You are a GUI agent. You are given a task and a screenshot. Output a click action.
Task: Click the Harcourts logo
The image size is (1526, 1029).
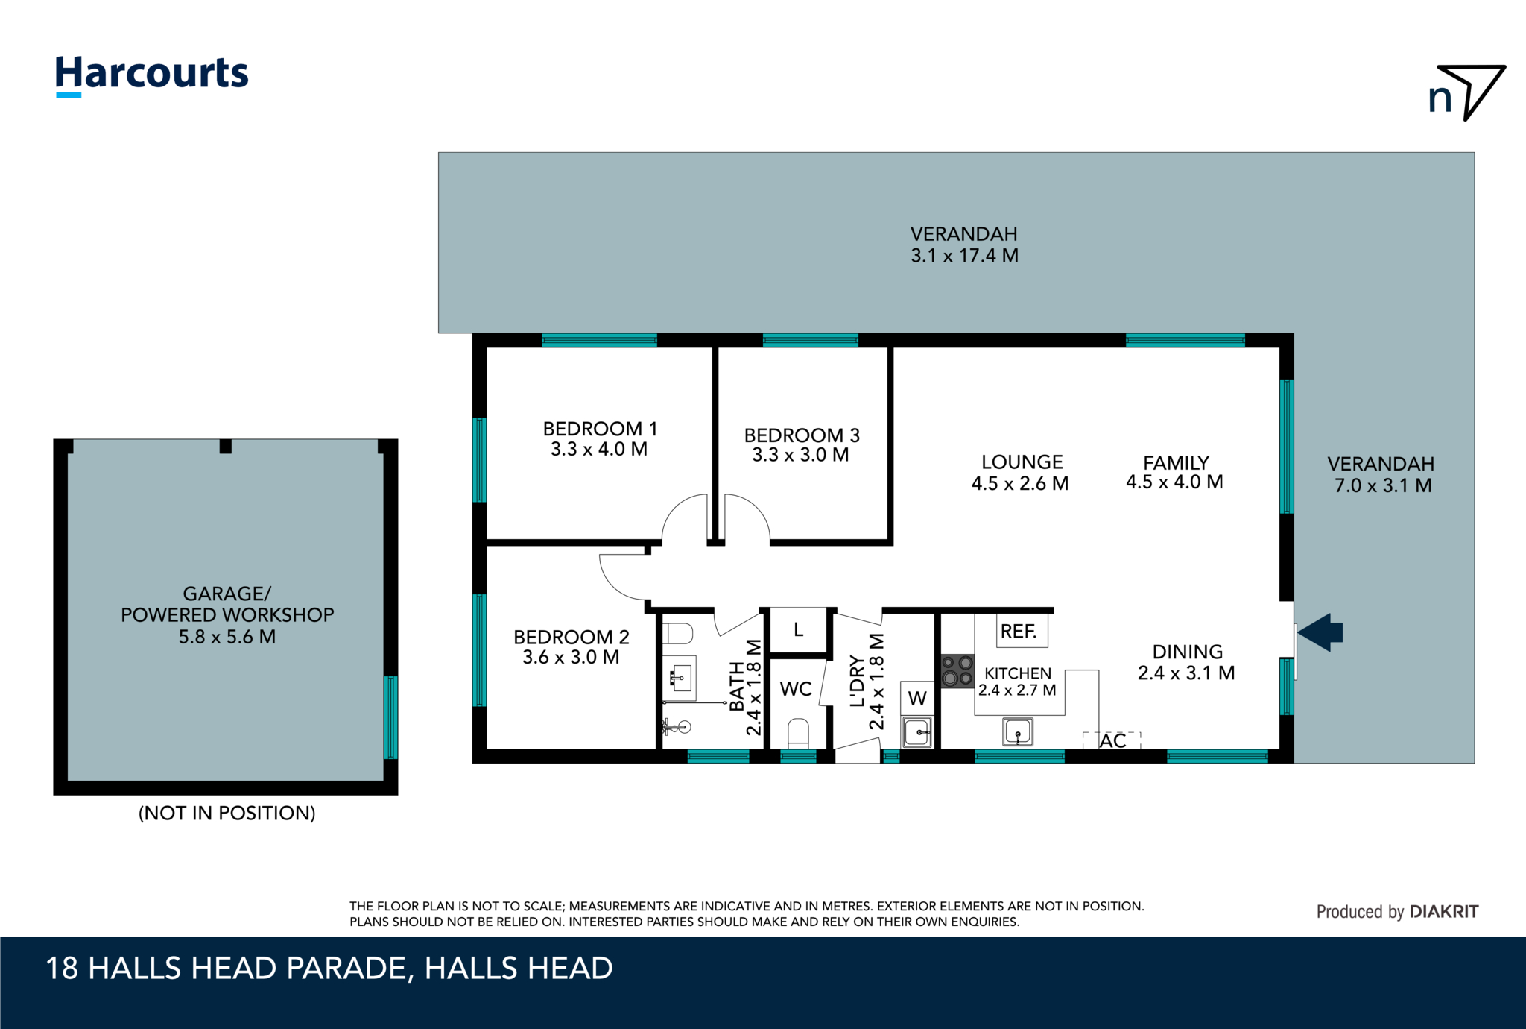point(152,75)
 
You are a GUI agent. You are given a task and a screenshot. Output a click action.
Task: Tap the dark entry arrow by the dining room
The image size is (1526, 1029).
point(1320,632)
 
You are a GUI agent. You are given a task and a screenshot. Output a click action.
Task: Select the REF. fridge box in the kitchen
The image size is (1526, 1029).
point(1022,631)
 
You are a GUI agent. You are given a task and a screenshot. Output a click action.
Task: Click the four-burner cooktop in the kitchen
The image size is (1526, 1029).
point(957,671)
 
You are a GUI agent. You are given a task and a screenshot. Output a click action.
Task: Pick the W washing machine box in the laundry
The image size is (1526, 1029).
point(917,698)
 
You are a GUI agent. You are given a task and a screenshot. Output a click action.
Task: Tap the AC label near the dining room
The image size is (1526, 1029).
point(1112,740)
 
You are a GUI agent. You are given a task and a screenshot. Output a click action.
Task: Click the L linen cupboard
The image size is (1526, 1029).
point(798,631)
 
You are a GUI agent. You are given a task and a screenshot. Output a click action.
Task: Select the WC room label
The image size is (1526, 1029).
point(796,689)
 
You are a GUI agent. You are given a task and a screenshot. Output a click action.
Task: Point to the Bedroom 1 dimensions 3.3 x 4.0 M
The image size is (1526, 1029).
point(599,449)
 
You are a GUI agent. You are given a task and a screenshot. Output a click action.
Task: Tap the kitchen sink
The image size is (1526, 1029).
point(1018,731)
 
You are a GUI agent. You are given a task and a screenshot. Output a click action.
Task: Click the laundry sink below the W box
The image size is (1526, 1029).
point(917,731)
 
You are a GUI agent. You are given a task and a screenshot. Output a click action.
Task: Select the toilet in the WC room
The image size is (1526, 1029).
point(798,733)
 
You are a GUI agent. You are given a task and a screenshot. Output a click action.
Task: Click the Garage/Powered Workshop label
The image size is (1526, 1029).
point(227,615)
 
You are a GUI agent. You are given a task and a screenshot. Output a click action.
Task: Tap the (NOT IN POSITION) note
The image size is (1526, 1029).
point(227,813)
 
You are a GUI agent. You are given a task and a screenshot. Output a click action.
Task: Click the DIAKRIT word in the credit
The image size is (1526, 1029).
point(1444,911)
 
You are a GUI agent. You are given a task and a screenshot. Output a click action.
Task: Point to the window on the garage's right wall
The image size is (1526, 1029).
point(390,717)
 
